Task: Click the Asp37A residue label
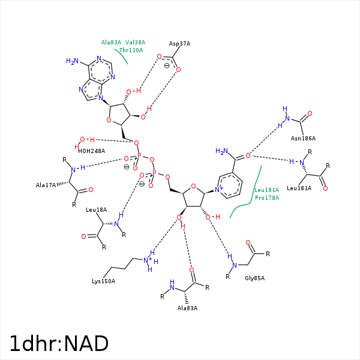(x=179, y=44)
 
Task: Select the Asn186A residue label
(x=303, y=139)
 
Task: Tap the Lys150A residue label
(x=103, y=281)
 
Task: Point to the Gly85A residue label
(x=254, y=278)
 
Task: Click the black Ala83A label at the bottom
(x=187, y=308)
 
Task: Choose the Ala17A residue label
(x=46, y=185)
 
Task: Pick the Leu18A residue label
(x=96, y=210)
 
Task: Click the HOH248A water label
(x=91, y=151)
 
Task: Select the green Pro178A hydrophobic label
(x=266, y=197)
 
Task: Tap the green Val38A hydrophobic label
(x=135, y=43)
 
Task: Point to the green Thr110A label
(x=131, y=50)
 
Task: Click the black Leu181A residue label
(x=299, y=188)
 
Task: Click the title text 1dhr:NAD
(x=59, y=344)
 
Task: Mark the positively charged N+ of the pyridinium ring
(x=220, y=190)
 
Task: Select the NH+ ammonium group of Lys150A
(x=149, y=260)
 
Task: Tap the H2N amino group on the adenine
(x=72, y=61)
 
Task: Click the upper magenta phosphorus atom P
(x=139, y=155)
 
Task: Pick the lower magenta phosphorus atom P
(x=154, y=173)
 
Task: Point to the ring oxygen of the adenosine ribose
(x=108, y=120)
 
